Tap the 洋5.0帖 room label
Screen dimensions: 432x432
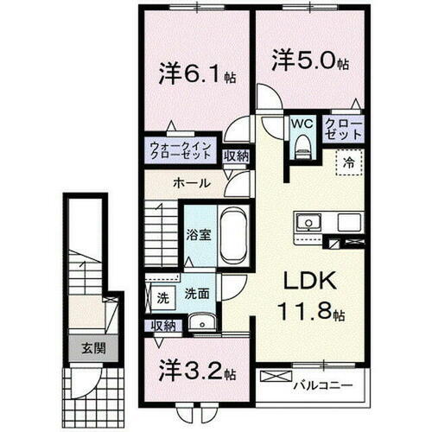306,63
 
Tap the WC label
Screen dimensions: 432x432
302,124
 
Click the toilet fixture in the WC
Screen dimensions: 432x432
302,147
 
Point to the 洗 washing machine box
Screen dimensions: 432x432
162,298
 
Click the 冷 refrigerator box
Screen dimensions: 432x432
347,161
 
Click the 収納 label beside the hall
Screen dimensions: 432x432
235,156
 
